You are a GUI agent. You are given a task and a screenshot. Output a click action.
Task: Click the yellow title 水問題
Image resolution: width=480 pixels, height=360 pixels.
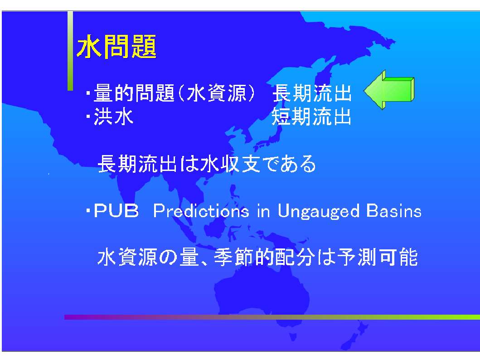click(x=116, y=47)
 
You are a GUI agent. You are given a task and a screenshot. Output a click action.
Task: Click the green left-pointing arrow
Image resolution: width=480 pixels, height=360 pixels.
click(x=389, y=90)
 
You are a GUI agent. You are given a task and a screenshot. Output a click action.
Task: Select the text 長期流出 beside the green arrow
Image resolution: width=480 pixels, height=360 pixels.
click(x=312, y=93)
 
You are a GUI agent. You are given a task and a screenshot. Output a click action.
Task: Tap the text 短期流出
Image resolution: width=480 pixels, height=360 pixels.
click(x=311, y=117)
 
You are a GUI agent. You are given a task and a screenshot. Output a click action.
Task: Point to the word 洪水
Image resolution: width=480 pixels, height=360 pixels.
click(x=114, y=117)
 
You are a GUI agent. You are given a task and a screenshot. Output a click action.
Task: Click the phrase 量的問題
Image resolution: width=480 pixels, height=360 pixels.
click(x=134, y=93)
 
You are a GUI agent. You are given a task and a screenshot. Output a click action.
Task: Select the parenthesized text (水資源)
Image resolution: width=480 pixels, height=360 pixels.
click(x=216, y=93)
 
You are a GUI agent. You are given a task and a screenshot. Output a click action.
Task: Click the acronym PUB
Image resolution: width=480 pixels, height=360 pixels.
click(x=116, y=211)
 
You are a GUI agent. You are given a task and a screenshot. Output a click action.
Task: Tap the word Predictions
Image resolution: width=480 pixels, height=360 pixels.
click(x=201, y=211)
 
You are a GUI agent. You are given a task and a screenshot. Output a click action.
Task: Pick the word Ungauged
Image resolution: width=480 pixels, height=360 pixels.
click(x=318, y=211)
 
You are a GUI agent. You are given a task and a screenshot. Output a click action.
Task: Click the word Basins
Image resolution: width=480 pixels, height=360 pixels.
click(x=394, y=211)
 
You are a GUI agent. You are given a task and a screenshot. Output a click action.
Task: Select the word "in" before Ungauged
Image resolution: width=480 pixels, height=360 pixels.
click(x=263, y=211)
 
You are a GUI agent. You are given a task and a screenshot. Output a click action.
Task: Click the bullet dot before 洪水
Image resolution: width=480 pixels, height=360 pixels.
click(x=88, y=117)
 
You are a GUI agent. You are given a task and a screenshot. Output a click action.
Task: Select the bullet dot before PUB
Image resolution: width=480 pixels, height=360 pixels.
click(x=88, y=211)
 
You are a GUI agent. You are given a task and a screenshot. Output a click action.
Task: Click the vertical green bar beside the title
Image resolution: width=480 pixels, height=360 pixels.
click(x=70, y=51)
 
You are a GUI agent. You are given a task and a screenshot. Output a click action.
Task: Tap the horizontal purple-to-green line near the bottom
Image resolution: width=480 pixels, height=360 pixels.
click(x=272, y=317)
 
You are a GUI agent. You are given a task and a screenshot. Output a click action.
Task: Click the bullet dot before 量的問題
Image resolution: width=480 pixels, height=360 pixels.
click(x=88, y=93)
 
